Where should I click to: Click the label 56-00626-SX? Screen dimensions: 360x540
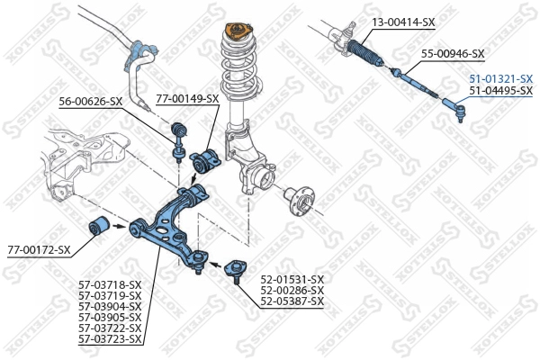(x=91, y=101)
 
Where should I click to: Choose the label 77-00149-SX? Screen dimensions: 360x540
(x=187, y=98)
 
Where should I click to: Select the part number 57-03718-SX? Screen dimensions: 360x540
(x=110, y=285)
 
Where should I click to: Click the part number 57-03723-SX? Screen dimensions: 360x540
(x=110, y=339)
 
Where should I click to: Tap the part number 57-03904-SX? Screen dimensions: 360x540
(x=110, y=307)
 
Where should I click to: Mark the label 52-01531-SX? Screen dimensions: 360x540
(x=292, y=279)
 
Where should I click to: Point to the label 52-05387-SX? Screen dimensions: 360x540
(x=292, y=301)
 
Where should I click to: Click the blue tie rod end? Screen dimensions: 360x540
(x=453, y=111)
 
